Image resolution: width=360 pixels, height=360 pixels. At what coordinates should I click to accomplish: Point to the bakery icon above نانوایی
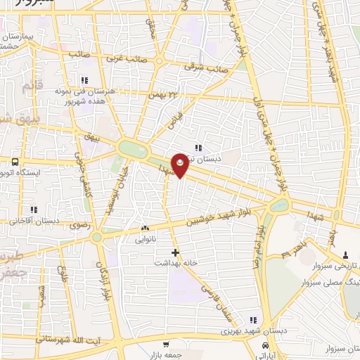click(146, 228)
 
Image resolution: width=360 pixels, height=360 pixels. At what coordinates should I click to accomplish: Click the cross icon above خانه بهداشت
click(175, 252)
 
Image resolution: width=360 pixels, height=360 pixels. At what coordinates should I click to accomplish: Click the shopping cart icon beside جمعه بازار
click(165, 345)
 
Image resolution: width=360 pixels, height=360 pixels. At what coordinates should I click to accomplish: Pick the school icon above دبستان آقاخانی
click(33, 210)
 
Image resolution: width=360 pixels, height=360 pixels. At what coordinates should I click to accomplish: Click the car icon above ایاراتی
click(264, 346)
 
